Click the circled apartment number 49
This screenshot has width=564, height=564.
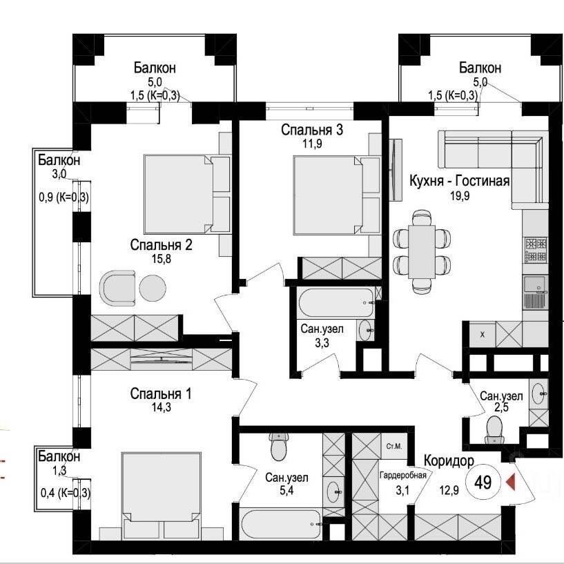483,482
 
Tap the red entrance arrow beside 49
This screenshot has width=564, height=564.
511,482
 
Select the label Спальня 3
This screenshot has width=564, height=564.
312,130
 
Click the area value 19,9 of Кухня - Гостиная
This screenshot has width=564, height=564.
460,196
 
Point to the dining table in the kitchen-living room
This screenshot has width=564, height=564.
422,251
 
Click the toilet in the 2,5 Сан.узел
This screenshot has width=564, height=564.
494,430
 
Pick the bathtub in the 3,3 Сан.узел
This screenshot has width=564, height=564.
336,303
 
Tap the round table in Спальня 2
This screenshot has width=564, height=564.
153,288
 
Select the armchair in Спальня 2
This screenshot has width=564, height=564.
117,288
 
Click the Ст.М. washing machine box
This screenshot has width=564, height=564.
394,447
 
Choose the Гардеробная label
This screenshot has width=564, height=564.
403,475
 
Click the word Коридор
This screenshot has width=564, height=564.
449,460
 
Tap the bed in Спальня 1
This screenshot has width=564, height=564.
161,496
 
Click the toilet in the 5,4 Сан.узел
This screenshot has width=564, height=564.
279,446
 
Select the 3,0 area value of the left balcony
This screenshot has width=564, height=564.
59,175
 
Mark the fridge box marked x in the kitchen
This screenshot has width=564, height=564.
483,334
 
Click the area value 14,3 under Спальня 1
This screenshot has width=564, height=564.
161,407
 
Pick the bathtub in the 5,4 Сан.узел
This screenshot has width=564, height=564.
280,524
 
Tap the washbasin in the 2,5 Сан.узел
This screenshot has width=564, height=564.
538,393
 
